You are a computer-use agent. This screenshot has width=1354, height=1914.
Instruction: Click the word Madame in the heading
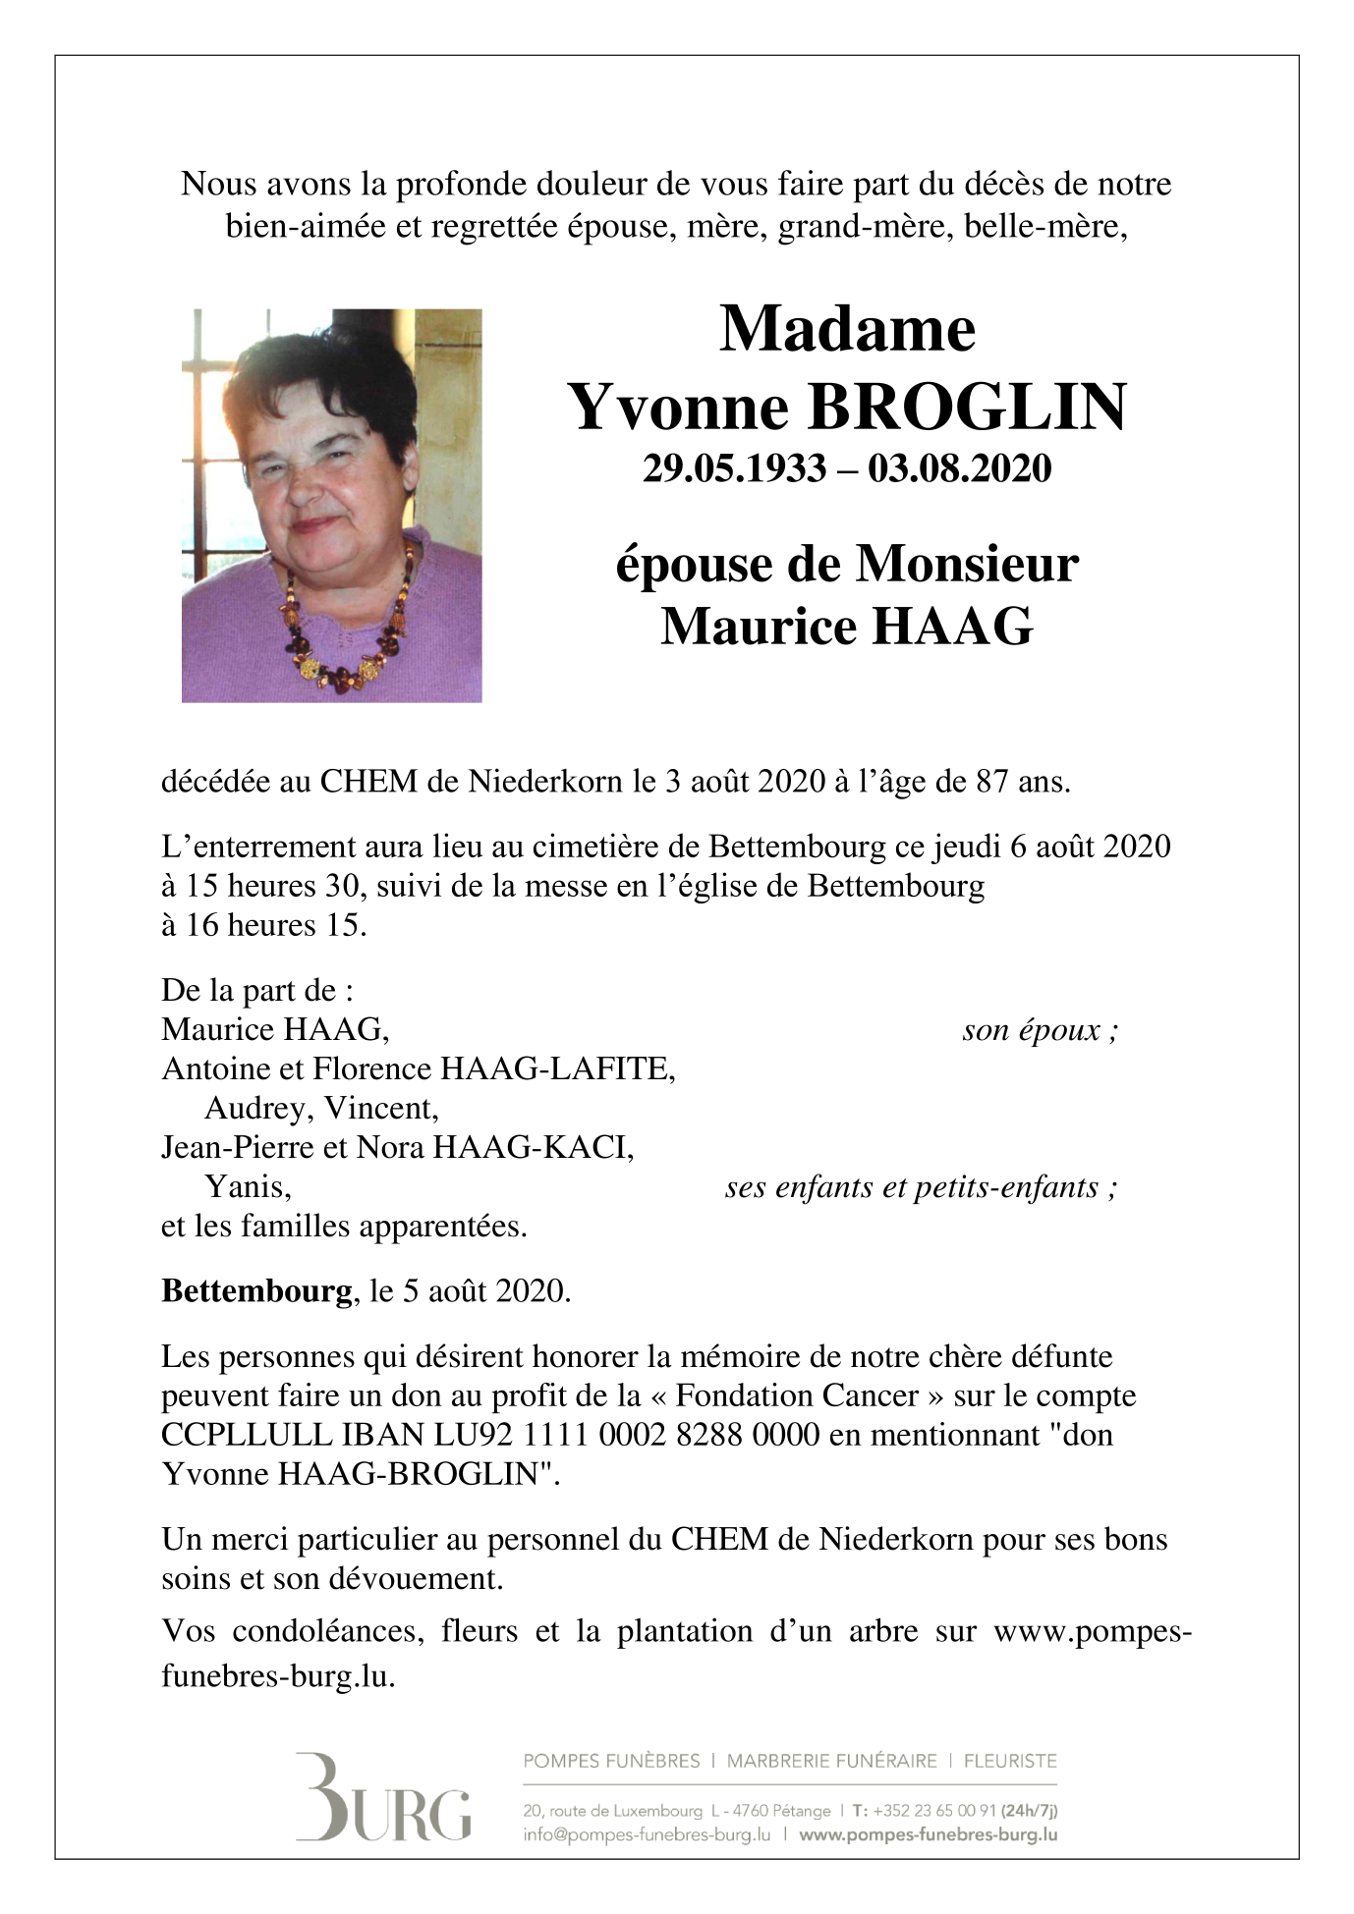pos(846,329)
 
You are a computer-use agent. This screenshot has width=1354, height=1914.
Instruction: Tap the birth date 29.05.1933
pos(734,468)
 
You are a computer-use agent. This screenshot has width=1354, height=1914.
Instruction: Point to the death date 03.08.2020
pos(959,468)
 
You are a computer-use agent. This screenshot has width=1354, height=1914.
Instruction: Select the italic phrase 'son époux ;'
pos(1040,1030)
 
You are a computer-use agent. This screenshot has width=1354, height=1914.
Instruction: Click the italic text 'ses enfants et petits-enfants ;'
pos(921,1187)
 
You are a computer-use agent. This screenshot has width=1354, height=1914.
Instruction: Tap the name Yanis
pos(248,1187)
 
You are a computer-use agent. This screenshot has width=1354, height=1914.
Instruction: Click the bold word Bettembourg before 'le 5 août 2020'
pos(256,1290)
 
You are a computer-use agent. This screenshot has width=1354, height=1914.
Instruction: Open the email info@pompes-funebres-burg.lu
pos(647,1833)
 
